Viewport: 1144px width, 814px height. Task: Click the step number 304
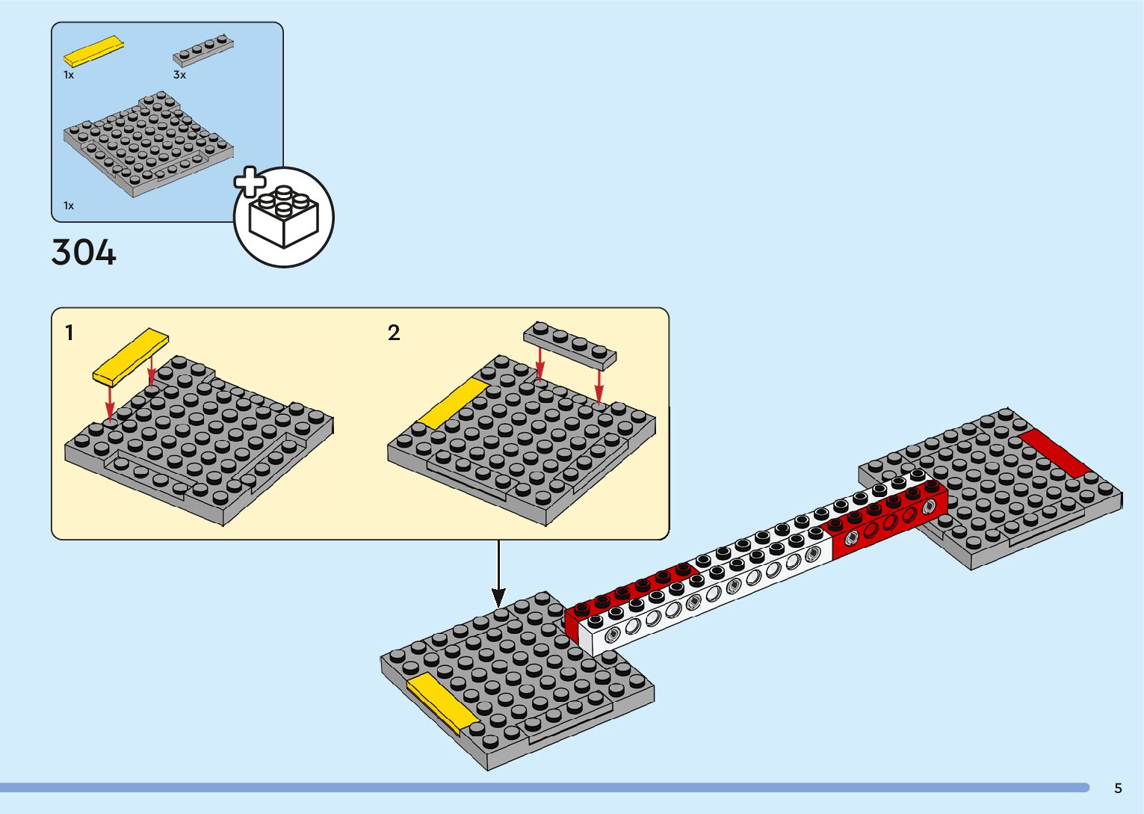[84, 252]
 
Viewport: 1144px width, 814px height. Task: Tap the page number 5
[1118, 788]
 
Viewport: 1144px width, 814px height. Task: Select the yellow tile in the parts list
[93, 52]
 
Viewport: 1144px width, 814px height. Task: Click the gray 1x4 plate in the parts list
[202, 50]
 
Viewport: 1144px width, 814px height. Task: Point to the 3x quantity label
[179, 75]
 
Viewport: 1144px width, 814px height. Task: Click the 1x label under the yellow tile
[69, 75]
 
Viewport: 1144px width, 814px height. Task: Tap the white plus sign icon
[250, 182]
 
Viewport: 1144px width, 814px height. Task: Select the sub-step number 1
[69, 333]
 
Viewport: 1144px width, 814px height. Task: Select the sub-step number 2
[394, 333]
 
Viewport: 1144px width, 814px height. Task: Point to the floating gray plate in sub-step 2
[570, 345]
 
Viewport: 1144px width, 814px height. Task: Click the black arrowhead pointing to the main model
[498, 597]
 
